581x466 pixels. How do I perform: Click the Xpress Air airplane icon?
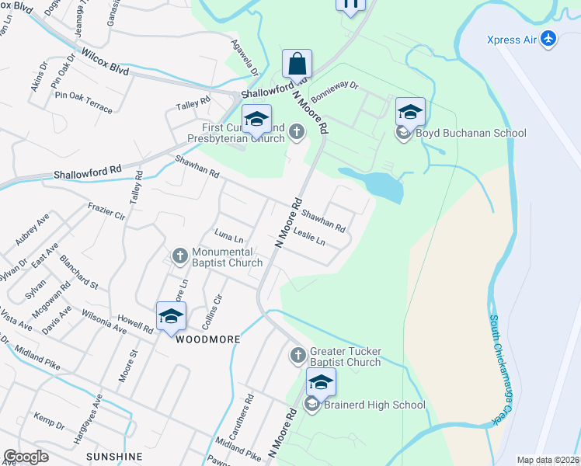(550, 39)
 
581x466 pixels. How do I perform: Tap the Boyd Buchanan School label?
(471, 134)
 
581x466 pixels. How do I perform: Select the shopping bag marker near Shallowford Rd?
(297, 64)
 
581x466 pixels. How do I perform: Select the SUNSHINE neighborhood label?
(114, 455)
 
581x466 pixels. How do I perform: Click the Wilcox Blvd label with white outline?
(105, 61)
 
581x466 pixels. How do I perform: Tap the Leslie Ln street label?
(309, 239)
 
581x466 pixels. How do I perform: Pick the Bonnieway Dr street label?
(334, 93)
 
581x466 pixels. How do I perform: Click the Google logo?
(26, 457)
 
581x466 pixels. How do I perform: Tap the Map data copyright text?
(548, 460)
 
